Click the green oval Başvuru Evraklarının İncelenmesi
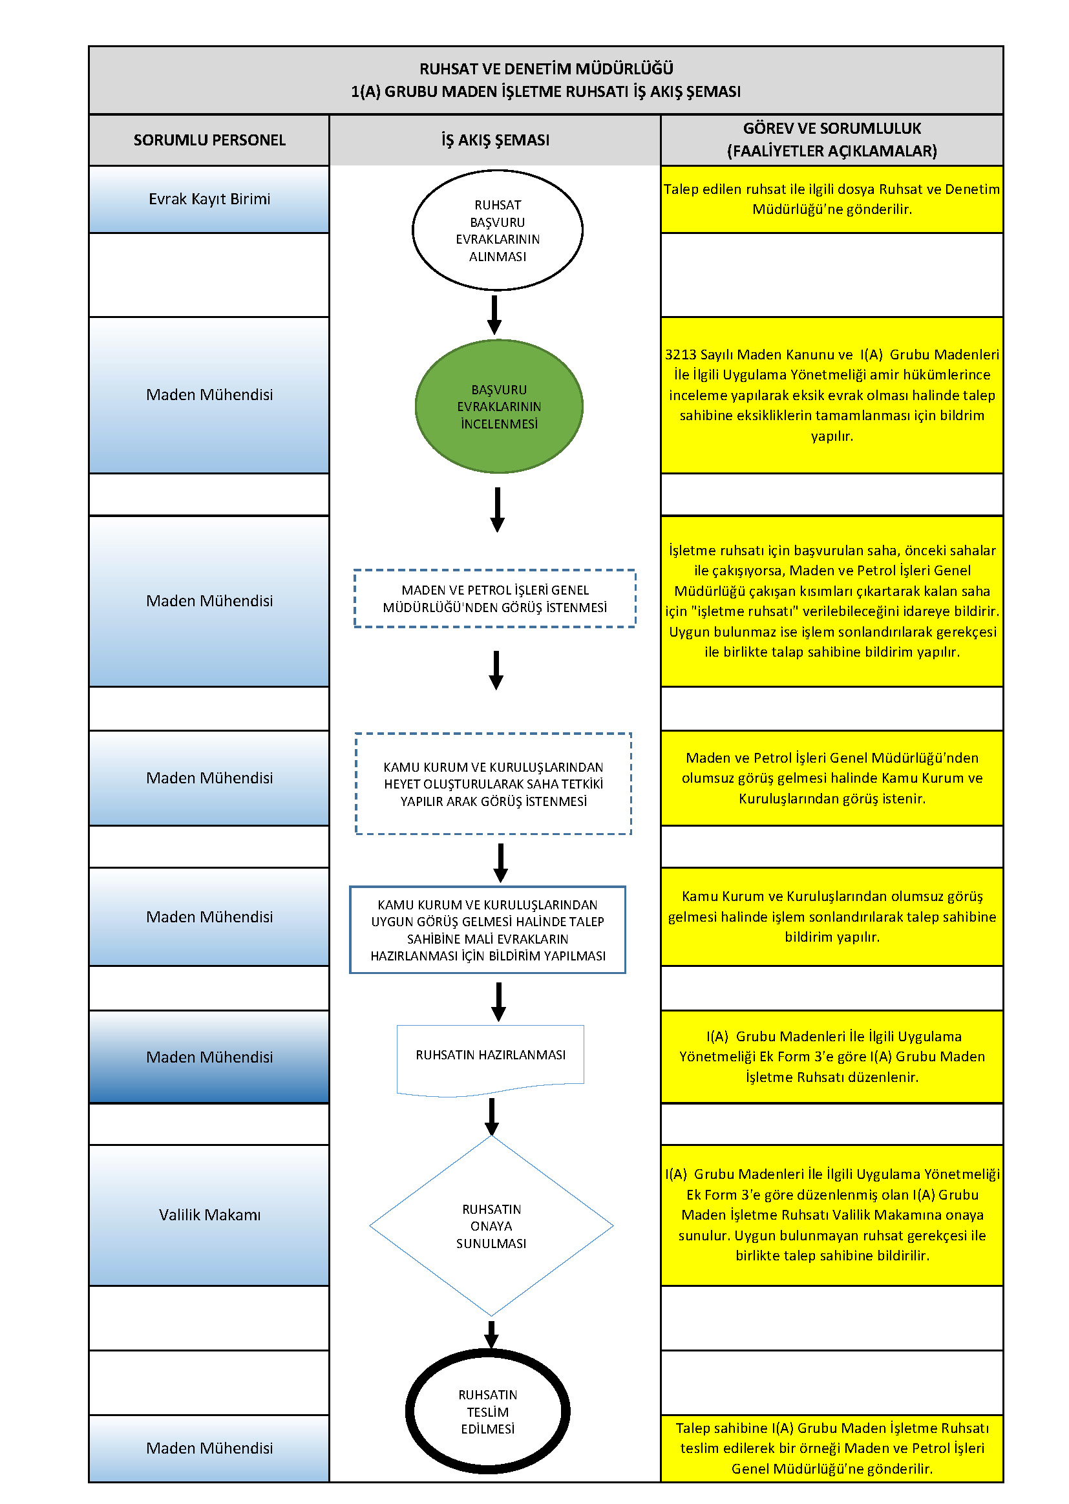[x=499, y=406]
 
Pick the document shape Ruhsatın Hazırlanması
[x=491, y=1061]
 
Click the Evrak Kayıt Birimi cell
[x=209, y=199]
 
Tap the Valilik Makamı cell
[x=209, y=1214]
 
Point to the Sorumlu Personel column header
[x=209, y=140]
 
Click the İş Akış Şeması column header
[x=495, y=140]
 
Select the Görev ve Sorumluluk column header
[x=832, y=140]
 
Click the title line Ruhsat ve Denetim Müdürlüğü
[x=546, y=69]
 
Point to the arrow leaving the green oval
[x=498, y=509]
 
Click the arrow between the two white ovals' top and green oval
[x=494, y=315]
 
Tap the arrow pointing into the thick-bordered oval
[x=491, y=1334]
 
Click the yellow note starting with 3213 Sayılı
[x=832, y=395]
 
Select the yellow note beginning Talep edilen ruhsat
[x=832, y=199]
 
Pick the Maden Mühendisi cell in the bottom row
[x=209, y=1448]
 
